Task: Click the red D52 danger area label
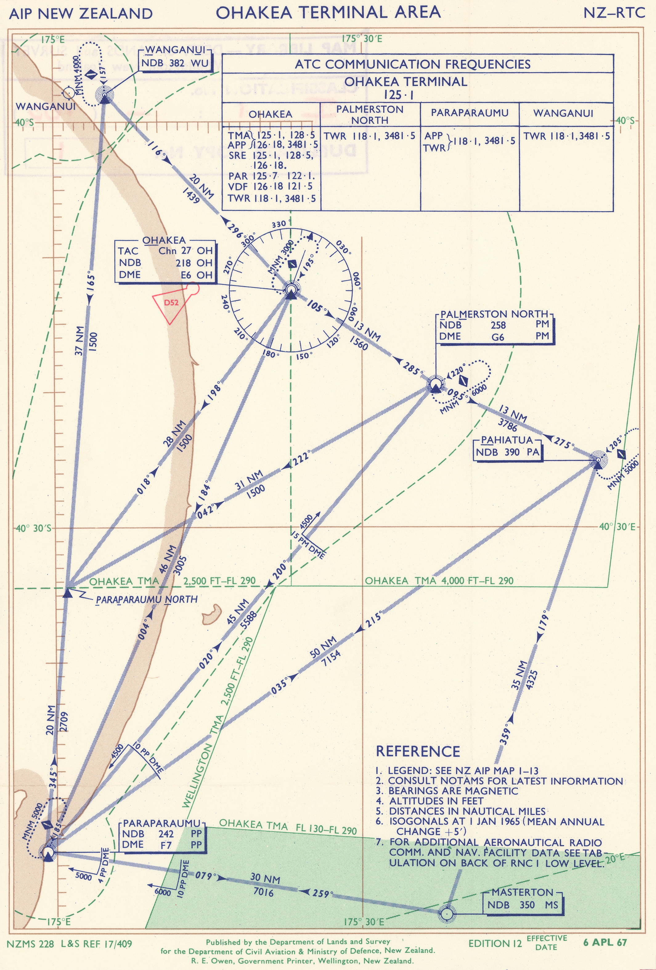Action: tap(171, 303)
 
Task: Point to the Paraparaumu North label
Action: tap(146, 599)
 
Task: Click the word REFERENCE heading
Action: tap(418, 751)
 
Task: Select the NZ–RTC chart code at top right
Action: tap(614, 13)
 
